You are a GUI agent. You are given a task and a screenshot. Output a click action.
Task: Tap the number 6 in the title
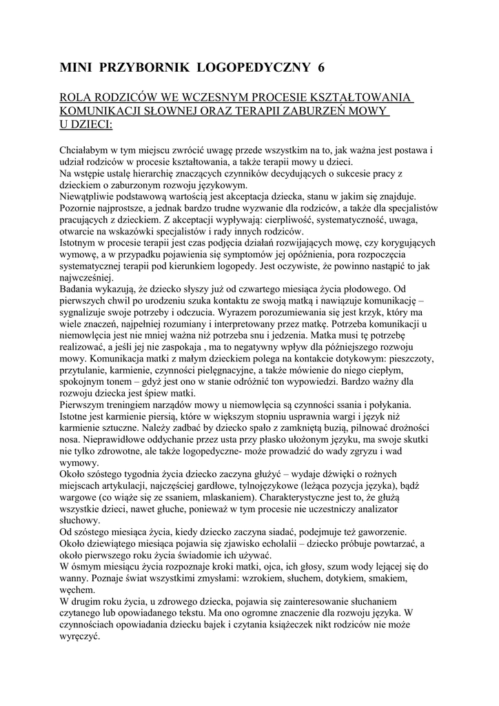[320, 67]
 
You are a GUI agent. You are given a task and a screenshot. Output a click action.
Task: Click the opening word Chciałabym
[86, 150]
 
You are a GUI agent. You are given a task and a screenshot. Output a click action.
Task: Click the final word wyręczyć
[81, 638]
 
